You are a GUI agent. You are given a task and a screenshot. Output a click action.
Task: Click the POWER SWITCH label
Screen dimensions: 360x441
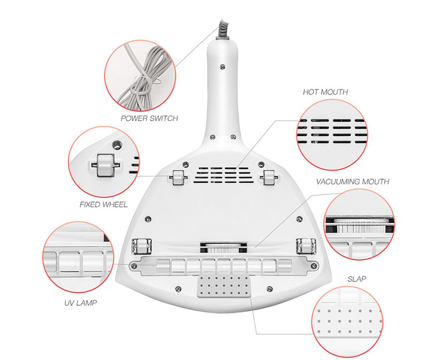pos(149,118)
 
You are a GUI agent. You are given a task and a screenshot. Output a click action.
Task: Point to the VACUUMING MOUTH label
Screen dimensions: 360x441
pos(352,181)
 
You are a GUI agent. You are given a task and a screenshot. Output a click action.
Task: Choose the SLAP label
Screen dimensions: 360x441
pos(357,279)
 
